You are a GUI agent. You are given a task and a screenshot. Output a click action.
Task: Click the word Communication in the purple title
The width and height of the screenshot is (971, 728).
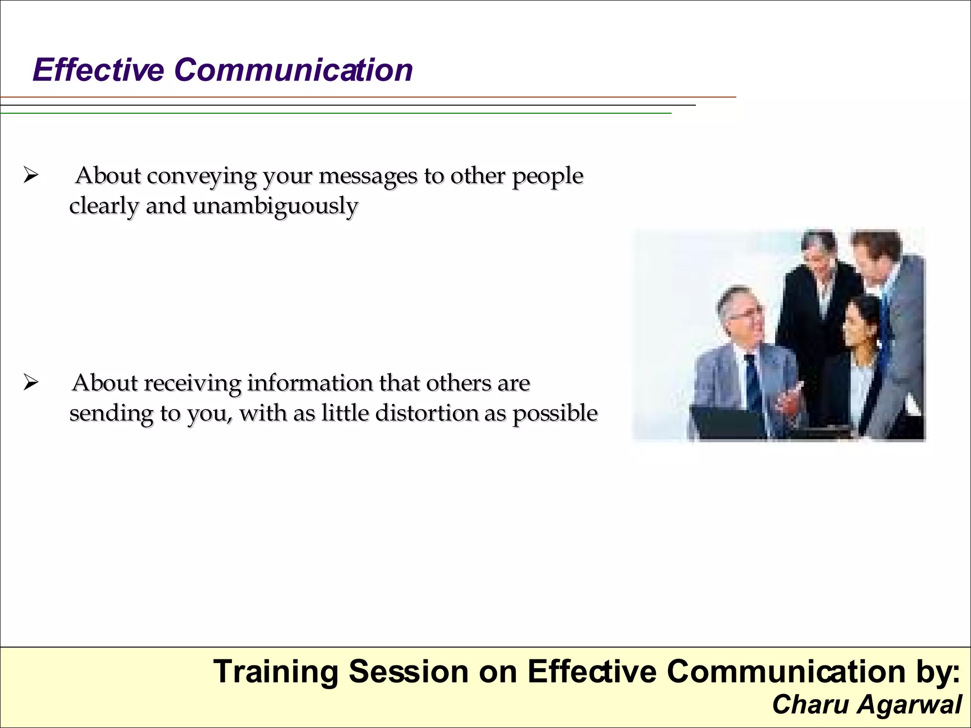pyautogui.click(x=293, y=70)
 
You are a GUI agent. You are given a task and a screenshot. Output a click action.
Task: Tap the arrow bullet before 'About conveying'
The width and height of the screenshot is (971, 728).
pyautogui.click(x=30, y=176)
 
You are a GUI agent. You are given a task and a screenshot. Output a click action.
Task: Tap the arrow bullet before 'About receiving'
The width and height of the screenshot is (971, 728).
pyautogui.click(x=30, y=382)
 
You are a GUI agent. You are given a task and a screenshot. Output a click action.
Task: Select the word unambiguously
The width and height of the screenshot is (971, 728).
pyautogui.click(x=275, y=207)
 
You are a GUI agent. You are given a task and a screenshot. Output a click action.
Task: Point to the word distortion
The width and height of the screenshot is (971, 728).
pyautogui.click(x=427, y=413)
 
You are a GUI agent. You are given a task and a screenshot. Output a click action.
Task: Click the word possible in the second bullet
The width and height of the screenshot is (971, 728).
pyautogui.click(x=555, y=413)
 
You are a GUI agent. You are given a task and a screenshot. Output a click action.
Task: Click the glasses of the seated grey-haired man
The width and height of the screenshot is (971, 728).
pyautogui.click(x=746, y=313)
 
